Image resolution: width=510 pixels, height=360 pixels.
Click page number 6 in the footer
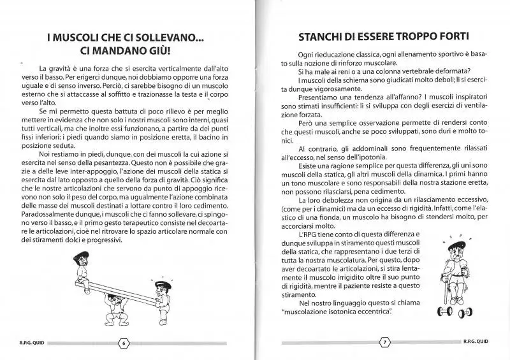tap(124, 342)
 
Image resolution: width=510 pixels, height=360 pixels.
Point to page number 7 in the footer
tap(384, 342)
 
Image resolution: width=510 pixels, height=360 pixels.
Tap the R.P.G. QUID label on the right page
tap(474, 342)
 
